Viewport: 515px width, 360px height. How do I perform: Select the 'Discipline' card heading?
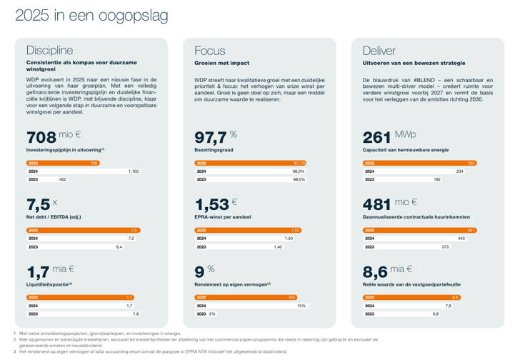click(49, 51)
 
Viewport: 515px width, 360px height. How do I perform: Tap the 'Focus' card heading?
click(209, 51)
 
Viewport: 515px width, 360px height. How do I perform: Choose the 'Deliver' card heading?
click(379, 51)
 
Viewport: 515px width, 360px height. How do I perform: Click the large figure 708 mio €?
click(54, 137)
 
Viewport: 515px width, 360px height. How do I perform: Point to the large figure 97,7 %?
click(216, 137)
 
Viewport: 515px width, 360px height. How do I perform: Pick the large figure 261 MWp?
click(389, 137)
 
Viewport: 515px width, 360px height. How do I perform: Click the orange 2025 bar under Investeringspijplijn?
click(63, 164)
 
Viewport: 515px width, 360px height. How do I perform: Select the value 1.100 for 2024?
click(134, 172)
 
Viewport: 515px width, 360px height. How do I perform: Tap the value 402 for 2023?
click(62, 180)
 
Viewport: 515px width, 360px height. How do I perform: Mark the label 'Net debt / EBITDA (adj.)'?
click(54, 216)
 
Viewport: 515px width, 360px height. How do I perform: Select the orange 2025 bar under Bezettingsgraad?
click(251, 164)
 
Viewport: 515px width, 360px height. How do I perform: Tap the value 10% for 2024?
click(301, 306)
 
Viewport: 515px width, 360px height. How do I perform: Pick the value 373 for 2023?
click(445, 246)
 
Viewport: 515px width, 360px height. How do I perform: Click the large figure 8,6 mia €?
click(388, 271)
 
